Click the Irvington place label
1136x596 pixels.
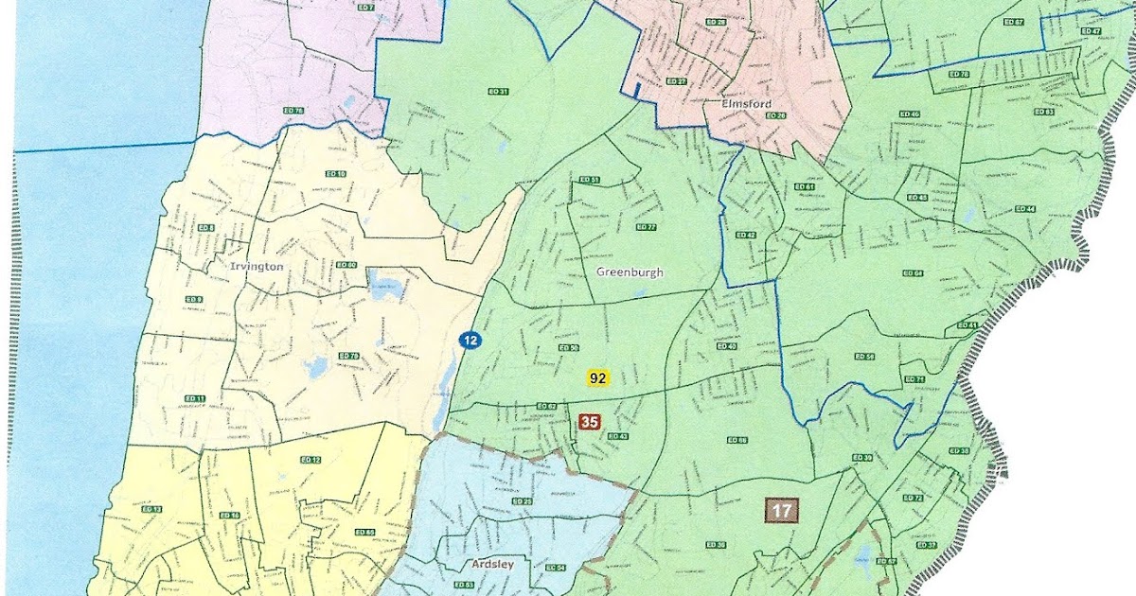257,267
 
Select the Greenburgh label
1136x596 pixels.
630,272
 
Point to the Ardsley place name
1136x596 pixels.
492,565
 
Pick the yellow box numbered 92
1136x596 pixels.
597,377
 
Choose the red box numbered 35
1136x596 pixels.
589,422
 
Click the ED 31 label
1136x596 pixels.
498,92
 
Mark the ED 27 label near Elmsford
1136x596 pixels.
676,81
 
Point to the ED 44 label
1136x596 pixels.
1025,209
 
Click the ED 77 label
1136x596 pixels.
647,227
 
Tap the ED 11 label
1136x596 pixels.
196,398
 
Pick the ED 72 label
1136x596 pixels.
914,499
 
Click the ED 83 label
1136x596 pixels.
1044,112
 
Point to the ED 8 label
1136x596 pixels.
205,229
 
